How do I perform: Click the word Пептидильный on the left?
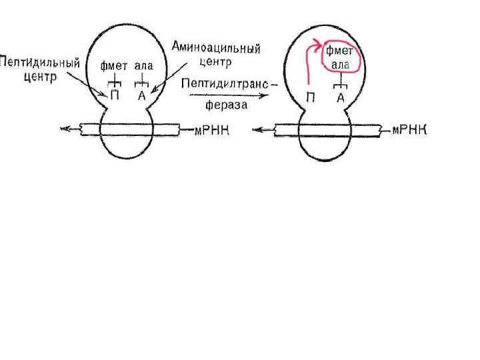coord(40,64)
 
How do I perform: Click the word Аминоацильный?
coord(215,49)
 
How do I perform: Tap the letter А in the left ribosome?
coord(142,95)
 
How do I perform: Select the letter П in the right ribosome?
coord(311,97)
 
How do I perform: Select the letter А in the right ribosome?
coord(340,97)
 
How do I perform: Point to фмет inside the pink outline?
coord(339,52)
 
